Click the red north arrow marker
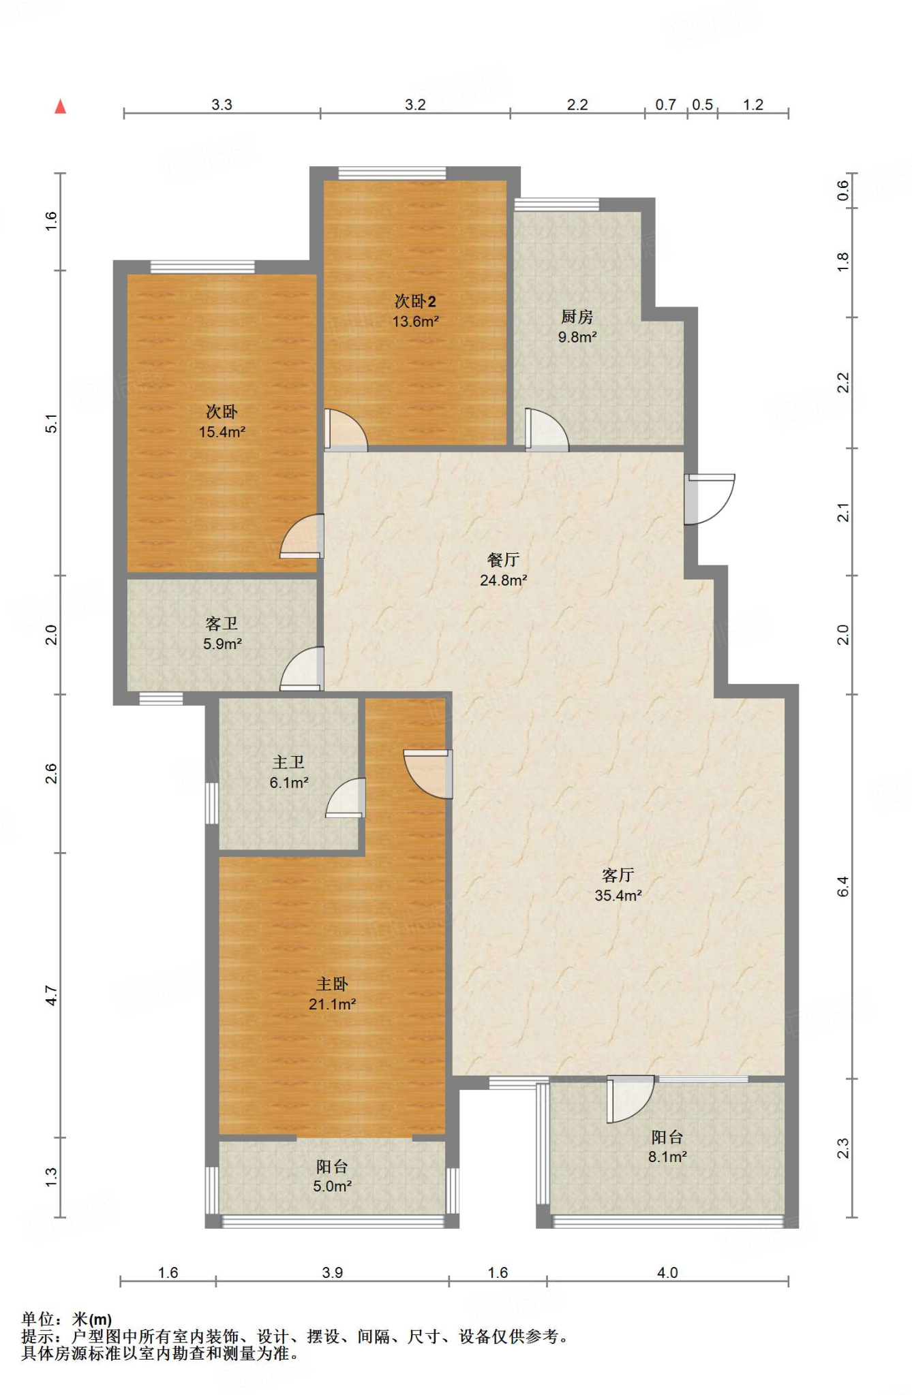pyautogui.click(x=61, y=106)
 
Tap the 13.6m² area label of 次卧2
pyautogui.click(x=415, y=322)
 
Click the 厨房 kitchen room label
pyautogui.click(x=577, y=317)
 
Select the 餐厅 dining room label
pyautogui.click(x=504, y=560)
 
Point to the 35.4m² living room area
pyautogui.click(x=618, y=896)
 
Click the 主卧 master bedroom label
pyautogui.click(x=333, y=984)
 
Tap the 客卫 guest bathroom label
pyautogui.click(x=222, y=624)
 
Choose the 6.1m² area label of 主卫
pyautogui.click(x=289, y=783)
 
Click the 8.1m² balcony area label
pyautogui.click(x=667, y=1157)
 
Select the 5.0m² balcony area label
pyautogui.click(x=333, y=1186)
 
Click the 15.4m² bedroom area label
pyautogui.click(x=222, y=432)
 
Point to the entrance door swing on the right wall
pyautogui.click(x=710, y=499)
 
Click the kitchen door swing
pyautogui.click(x=547, y=430)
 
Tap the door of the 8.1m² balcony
pyautogui.click(x=630, y=1099)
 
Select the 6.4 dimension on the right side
pyautogui.click(x=843, y=886)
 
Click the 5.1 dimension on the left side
pyautogui.click(x=52, y=423)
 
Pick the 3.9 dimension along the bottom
pyautogui.click(x=333, y=1272)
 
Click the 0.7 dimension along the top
pyautogui.click(x=666, y=105)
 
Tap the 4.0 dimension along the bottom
pyautogui.click(x=668, y=1272)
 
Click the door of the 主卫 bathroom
pyautogui.click(x=346, y=798)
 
